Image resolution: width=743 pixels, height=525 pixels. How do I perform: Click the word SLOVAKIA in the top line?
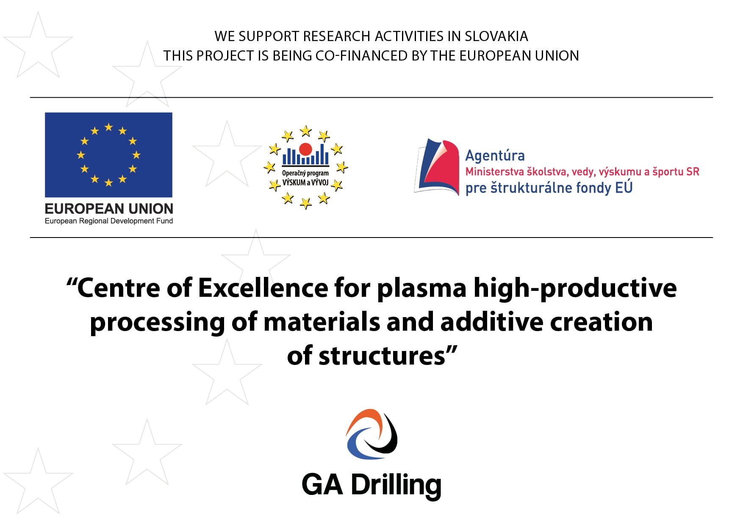496,36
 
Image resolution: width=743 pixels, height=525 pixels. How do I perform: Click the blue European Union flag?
108,155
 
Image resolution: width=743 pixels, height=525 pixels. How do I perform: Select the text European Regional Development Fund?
109,221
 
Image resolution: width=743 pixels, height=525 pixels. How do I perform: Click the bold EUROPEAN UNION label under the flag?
109,208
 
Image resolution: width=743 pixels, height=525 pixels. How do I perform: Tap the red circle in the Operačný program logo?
305,149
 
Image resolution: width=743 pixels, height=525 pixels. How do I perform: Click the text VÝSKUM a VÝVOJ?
305,182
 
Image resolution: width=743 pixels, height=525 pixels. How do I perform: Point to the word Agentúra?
495,155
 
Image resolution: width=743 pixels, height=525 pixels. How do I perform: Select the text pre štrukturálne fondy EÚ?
549,188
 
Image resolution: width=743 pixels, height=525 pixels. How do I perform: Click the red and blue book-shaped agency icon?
437,167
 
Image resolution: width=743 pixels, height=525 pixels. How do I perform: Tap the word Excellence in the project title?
263,288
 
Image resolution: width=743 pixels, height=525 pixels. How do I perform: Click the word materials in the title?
322,322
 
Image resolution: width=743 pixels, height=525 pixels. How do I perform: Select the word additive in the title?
492,322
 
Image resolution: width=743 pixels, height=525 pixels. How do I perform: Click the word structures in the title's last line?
382,356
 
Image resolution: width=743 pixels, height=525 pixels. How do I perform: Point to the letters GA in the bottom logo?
322,484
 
